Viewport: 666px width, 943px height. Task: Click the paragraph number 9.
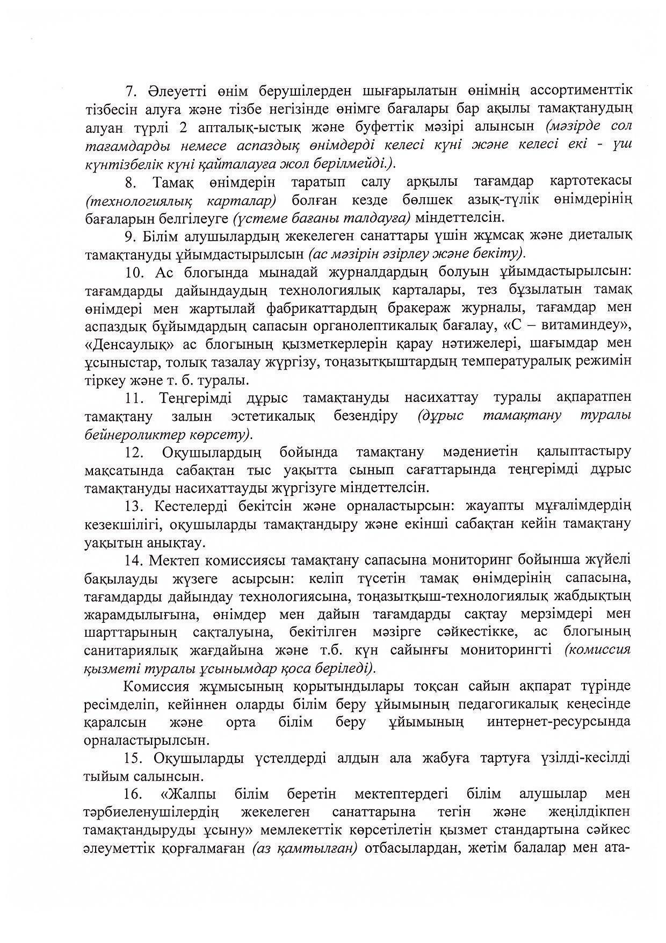click(130, 236)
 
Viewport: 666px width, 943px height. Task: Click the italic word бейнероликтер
click(136, 434)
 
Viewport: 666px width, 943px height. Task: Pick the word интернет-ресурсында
click(559, 722)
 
